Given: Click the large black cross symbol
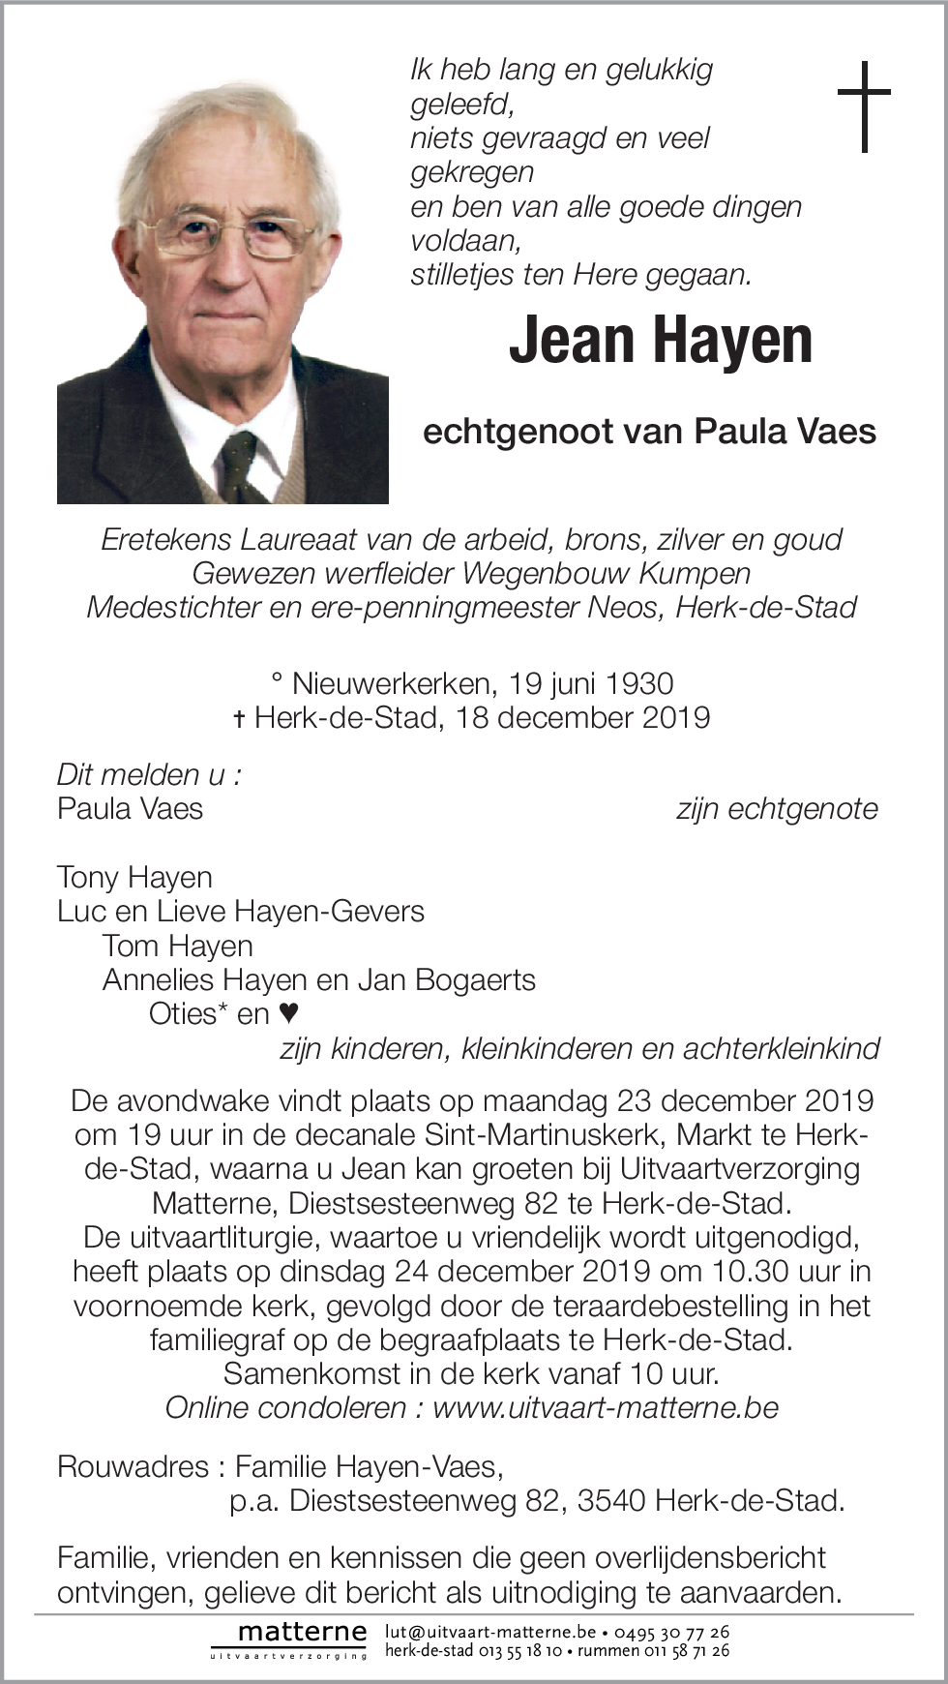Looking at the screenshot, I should tap(864, 105).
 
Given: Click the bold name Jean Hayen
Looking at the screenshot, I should tap(661, 340).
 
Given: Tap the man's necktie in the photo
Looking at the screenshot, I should tap(239, 464).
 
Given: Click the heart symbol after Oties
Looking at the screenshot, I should tap(288, 1013).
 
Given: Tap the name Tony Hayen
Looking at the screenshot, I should tap(134, 878).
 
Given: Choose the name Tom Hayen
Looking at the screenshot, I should tap(177, 946).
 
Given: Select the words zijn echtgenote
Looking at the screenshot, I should tap(777, 809).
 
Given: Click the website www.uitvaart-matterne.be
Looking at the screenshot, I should tap(606, 1407).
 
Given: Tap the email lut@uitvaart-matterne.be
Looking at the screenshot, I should tap(490, 1632).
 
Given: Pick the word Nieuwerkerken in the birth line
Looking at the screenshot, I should tap(391, 684).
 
